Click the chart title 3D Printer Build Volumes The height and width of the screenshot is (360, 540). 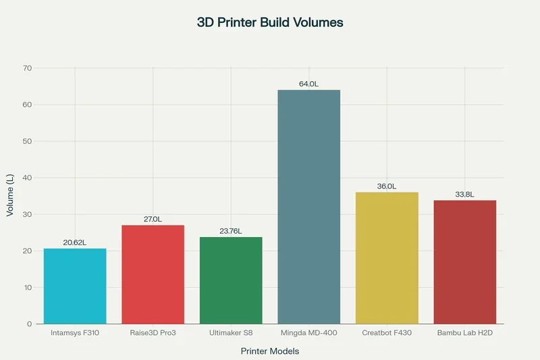[270, 22]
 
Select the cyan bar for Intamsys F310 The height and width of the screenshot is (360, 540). [75, 286]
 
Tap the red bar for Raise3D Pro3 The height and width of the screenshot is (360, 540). [153, 274]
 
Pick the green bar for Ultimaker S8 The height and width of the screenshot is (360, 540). [231, 280]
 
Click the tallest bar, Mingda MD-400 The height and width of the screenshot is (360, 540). [309, 207]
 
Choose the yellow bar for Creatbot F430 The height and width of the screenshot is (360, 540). [387, 258]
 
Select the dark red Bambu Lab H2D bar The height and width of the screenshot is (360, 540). [464, 262]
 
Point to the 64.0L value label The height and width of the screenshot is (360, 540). [309, 84]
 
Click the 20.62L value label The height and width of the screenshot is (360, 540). [75, 242]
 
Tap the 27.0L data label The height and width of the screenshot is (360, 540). [153, 219]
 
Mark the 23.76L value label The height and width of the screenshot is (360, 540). [231, 231]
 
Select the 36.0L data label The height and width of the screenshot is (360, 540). [387, 186]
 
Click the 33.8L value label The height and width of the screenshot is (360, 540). [464, 194]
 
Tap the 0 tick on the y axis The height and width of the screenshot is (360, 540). [29, 324]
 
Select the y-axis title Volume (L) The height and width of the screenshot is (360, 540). [9, 196]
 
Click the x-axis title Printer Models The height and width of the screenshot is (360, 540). [270, 351]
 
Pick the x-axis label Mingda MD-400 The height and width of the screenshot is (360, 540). [309, 334]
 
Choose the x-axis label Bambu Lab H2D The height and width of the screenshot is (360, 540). [464, 334]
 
